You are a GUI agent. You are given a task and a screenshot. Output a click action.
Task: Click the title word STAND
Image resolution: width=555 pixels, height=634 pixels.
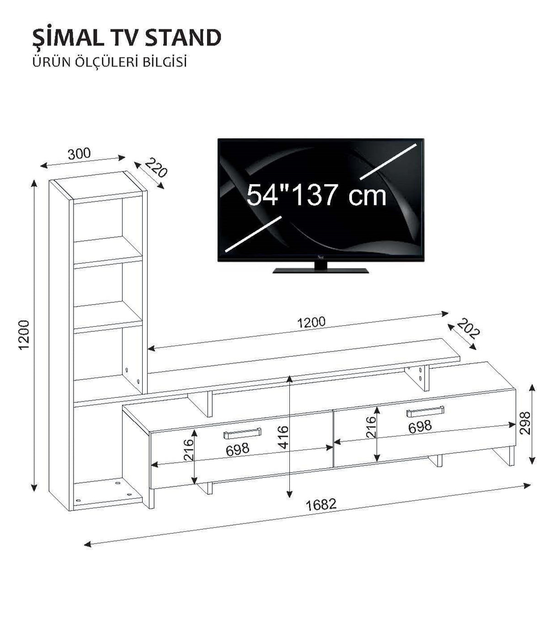coord(183,38)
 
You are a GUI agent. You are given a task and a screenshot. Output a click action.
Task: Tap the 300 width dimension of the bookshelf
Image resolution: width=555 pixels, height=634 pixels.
coord(80,153)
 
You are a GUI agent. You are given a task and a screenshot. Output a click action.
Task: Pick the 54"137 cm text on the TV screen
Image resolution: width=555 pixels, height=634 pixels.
coord(316,195)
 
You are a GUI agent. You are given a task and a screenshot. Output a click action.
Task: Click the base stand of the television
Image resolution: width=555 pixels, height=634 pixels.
coord(320,270)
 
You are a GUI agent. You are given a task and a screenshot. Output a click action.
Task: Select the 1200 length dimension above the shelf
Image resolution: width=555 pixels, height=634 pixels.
coord(311,322)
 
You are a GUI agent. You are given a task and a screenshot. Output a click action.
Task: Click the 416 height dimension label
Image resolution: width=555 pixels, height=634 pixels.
coord(283,437)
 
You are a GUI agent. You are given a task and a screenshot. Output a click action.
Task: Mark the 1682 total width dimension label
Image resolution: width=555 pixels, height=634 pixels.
coord(321,505)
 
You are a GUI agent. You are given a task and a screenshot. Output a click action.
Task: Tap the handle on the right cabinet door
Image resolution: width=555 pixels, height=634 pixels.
coord(425,412)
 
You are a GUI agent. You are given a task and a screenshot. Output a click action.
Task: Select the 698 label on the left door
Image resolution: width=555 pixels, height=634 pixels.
coord(238,449)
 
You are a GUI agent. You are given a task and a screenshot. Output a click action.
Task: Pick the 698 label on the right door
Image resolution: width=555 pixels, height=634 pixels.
coord(420,427)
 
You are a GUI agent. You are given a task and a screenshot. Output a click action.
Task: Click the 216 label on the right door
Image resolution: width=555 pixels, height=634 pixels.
coord(371,427)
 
